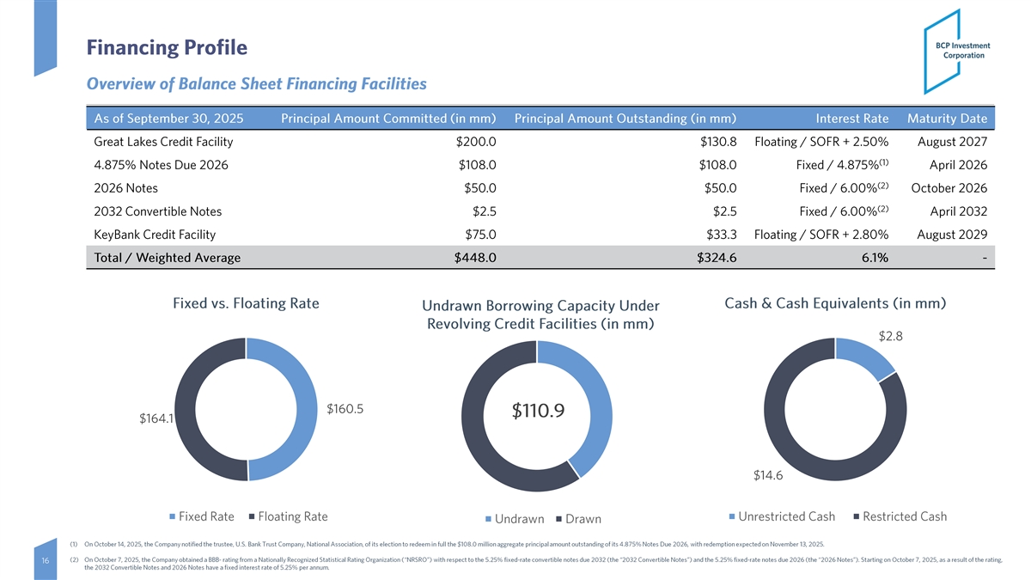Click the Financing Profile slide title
167,48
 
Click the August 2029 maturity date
952,235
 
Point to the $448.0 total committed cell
474,258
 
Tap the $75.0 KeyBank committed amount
479,235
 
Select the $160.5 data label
345,410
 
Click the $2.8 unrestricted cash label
889,336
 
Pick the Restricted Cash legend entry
904,516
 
